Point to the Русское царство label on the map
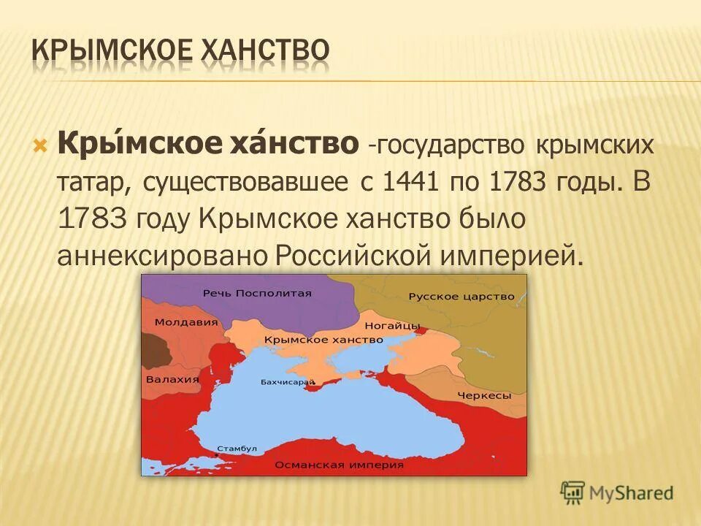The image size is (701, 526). pyautogui.click(x=461, y=297)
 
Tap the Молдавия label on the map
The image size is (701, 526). pyautogui.click(x=176, y=321)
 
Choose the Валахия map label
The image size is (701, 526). pyautogui.click(x=172, y=379)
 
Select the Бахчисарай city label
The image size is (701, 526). pyautogui.click(x=287, y=382)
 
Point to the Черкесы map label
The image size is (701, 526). pyautogui.click(x=484, y=395)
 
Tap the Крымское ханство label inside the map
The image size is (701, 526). pyautogui.click(x=323, y=340)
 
